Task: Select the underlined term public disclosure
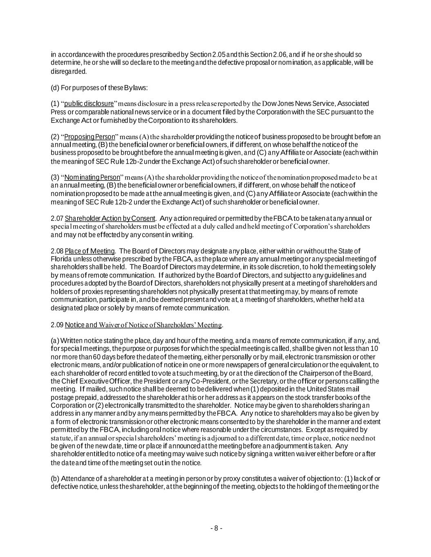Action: coord(89,103)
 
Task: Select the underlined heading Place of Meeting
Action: coord(89,251)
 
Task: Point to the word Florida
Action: coord(60,259)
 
